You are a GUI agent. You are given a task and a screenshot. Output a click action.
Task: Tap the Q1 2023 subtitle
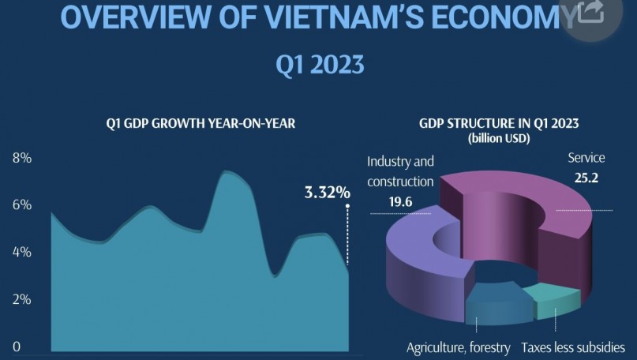pyautogui.click(x=319, y=64)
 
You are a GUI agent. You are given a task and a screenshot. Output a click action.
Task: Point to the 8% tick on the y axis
pyautogui.click(x=22, y=158)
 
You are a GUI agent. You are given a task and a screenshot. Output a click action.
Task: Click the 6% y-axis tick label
pyautogui.click(x=22, y=205)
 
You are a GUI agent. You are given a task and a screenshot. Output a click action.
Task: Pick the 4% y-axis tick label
pyautogui.click(x=22, y=253)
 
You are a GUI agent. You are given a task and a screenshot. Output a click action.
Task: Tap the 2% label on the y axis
pyautogui.click(x=22, y=300)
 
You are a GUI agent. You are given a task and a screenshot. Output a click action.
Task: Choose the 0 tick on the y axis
pyautogui.click(x=17, y=347)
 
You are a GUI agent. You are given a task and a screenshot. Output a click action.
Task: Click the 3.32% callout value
pyautogui.click(x=327, y=192)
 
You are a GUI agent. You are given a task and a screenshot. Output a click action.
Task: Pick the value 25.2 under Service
pyautogui.click(x=586, y=178)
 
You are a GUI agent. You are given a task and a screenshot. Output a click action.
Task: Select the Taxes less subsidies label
pyautogui.click(x=578, y=347)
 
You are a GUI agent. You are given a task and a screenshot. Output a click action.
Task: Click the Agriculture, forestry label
pyautogui.click(x=458, y=347)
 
